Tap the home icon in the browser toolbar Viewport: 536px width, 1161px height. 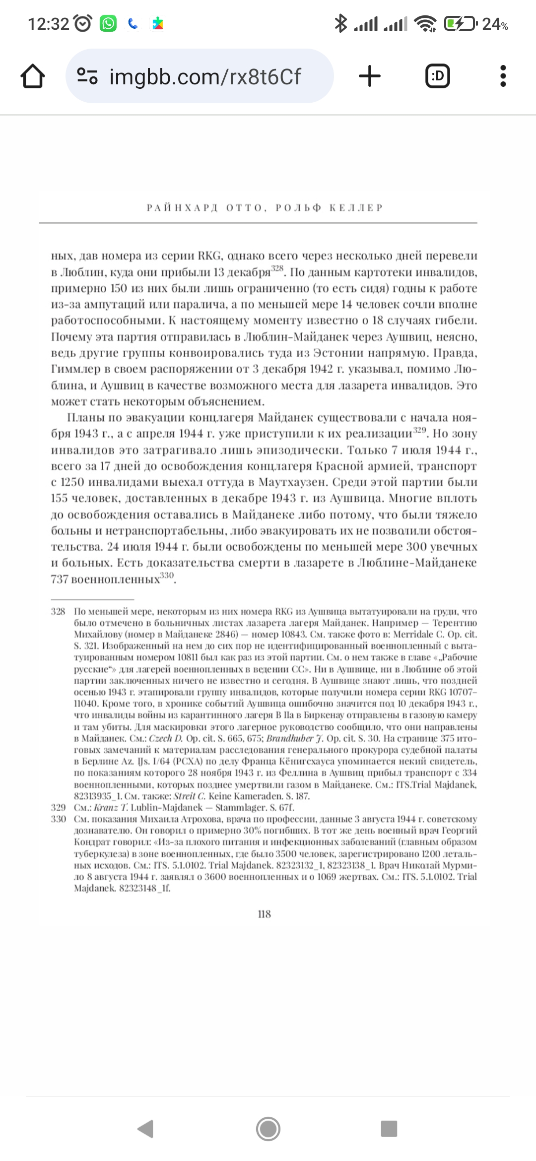[33, 76]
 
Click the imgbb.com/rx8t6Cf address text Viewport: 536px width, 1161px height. [204, 76]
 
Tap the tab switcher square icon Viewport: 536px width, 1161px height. [438, 76]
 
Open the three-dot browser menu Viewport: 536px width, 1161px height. [503, 76]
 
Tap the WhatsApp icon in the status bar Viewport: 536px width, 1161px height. [108, 23]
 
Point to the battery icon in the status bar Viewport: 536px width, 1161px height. [460, 23]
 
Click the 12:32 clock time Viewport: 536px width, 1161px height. [48, 24]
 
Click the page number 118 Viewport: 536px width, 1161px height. [265, 914]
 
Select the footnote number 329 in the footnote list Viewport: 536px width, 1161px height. [58, 808]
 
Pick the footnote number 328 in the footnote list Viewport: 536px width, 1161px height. [58, 611]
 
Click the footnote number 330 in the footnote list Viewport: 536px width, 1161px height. [58, 819]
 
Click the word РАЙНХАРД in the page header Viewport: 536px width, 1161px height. [182, 208]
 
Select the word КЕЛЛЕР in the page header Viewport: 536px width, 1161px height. [356, 208]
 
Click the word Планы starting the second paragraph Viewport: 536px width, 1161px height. [84, 418]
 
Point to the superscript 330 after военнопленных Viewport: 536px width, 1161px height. [167, 576]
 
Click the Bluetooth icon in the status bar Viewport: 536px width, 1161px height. [340, 23]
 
